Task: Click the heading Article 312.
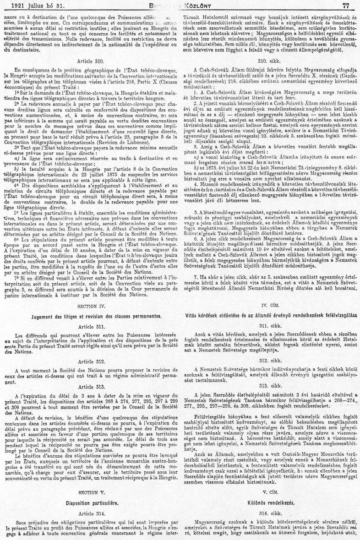tap(93, 362)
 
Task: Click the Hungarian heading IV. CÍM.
tap(270, 304)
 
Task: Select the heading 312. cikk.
tap(270, 361)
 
